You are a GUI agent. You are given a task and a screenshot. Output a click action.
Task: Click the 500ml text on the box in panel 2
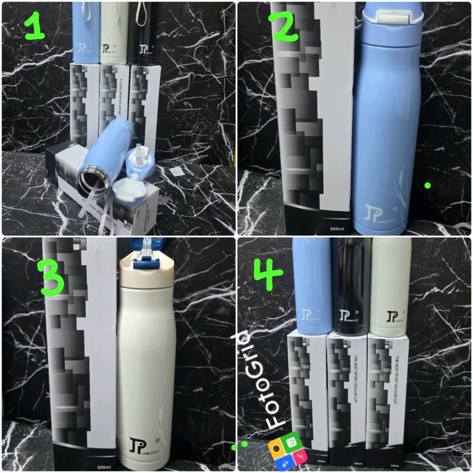click(x=337, y=229)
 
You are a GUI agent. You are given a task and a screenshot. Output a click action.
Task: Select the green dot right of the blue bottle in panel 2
click(x=428, y=186)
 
